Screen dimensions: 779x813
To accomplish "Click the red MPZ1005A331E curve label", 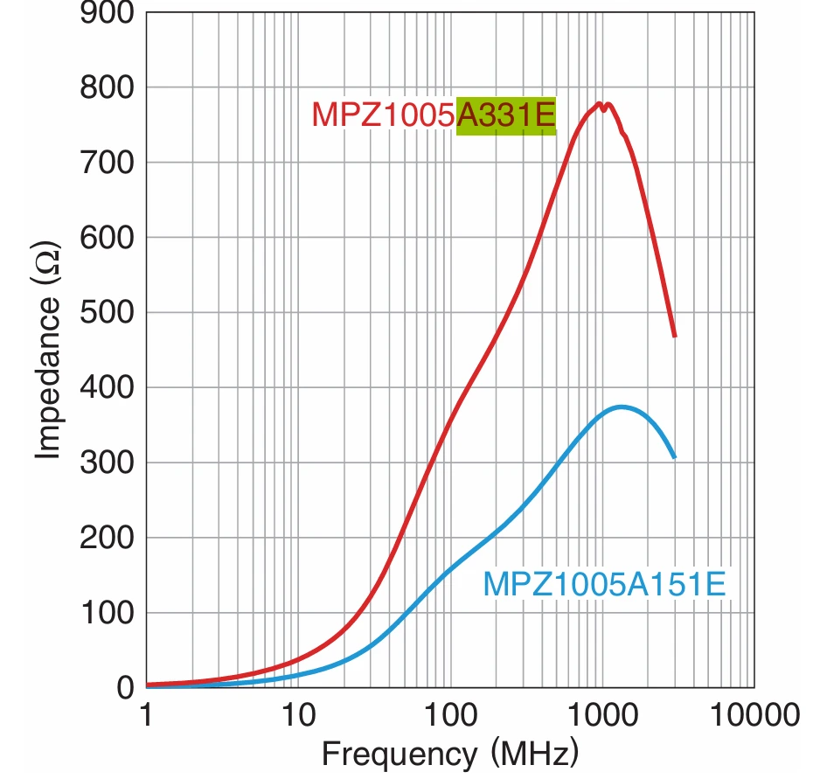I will point(434,115).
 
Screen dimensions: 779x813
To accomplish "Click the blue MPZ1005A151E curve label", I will point(604,584).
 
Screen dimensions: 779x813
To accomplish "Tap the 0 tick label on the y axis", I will point(125,688).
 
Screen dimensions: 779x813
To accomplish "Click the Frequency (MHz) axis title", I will point(449,753).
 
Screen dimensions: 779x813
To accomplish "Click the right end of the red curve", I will point(675,336).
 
